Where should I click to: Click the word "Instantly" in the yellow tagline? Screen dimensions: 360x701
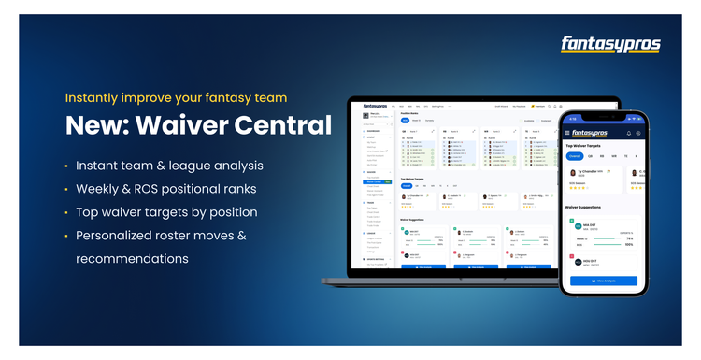click(x=91, y=97)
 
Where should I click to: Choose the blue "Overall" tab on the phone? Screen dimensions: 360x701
click(x=576, y=156)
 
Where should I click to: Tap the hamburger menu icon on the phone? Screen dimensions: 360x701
click(x=567, y=133)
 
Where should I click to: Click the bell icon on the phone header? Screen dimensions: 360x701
click(x=628, y=133)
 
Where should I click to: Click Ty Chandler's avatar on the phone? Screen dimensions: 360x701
click(x=573, y=175)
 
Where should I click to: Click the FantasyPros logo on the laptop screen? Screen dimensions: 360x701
click(x=375, y=106)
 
